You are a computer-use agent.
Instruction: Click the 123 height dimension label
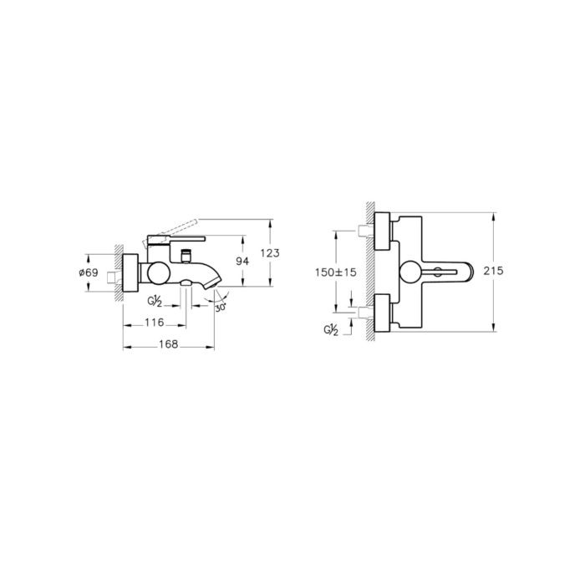click(270, 253)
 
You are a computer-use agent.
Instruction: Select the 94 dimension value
click(242, 261)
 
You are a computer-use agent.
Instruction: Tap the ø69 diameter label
click(89, 272)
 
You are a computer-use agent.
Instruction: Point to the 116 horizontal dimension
click(155, 322)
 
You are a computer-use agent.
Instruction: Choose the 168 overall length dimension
click(169, 344)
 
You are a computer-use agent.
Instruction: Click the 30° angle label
click(221, 308)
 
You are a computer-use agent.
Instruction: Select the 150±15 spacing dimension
click(336, 272)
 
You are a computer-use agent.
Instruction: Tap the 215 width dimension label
click(493, 271)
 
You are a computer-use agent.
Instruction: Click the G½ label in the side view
click(154, 301)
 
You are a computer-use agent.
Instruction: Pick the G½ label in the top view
click(331, 330)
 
